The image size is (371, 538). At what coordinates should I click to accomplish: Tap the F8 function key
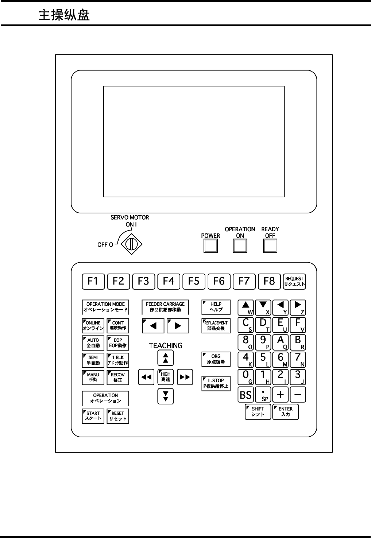(269, 281)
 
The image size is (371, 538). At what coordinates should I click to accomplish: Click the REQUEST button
(294, 281)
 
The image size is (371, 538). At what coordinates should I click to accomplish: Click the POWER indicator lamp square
(210, 246)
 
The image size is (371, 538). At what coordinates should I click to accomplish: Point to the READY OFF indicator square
(270, 246)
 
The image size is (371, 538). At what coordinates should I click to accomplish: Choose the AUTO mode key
(93, 343)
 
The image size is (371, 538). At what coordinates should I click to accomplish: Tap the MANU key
(93, 377)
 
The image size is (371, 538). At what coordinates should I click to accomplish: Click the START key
(93, 416)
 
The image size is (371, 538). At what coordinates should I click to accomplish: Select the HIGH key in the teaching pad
(166, 377)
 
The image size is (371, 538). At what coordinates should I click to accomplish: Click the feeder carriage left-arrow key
(153, 326)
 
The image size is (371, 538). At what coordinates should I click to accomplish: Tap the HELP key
(216, 307)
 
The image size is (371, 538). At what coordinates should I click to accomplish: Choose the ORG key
(216, 359)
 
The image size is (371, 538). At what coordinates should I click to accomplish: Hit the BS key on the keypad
(246, 395)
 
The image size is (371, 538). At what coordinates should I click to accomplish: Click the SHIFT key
(258, 412)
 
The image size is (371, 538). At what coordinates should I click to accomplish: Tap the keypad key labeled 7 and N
(298, 360)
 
